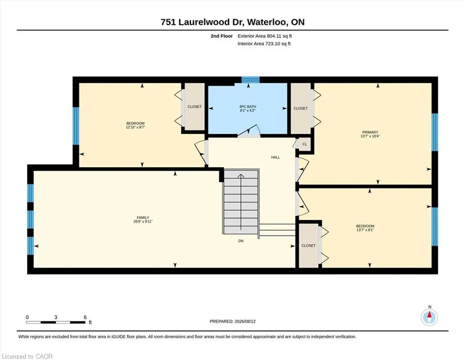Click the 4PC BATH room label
pyautogui.click(x=248, y=106)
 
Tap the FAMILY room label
pyautogui.click(x=143, y=217)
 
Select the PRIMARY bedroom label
pyautogui.click(x=370, y=132)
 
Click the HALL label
pyautogui.click(x=275, y=157)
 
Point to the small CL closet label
pyautogui.click(x=305, y=144)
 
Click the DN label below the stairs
pyautogui.click(x=241, y=241)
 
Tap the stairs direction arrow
pyautogui.click(x=241, y=202)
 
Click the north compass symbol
pyautogui.click(x=429, y=317)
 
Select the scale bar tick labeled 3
pyautogui.click(x=56, y=317)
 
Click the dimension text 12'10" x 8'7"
pyautogui.click(x=135, y=127)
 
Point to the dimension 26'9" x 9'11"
pyautogui.click(x=143, y=221)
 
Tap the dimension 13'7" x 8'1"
pyautogui.click(x=365, y=230)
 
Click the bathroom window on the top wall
pyautogui.click(x=251, y=80)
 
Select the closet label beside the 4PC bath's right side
pyautogui.click(x=301, y=108)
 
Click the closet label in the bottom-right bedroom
pyautogui.click(x=309, y=246)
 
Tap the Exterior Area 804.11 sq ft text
pyautogui.click(x=265, y=36)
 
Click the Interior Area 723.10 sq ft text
pyautogui.click(x=264, y=44)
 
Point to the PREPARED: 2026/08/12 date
pyautogui.click(x=232, y=322)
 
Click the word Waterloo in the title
pyautogui.click(x=267, y=22)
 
